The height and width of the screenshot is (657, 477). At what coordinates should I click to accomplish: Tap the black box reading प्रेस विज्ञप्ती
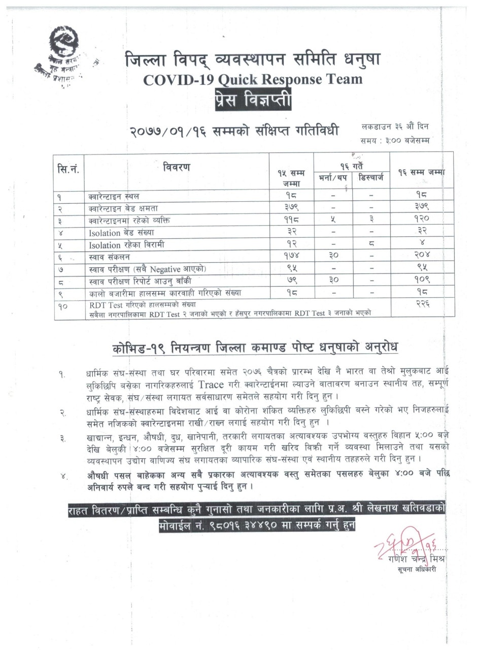(253, 100)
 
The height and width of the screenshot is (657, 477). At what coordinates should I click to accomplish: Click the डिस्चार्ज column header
(371, 178)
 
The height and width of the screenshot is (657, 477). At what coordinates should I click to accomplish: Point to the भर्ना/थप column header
(332, 178)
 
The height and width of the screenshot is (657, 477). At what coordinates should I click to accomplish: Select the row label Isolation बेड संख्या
(121, 233)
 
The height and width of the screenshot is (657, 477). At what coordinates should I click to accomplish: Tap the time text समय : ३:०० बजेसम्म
(395, 140)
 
